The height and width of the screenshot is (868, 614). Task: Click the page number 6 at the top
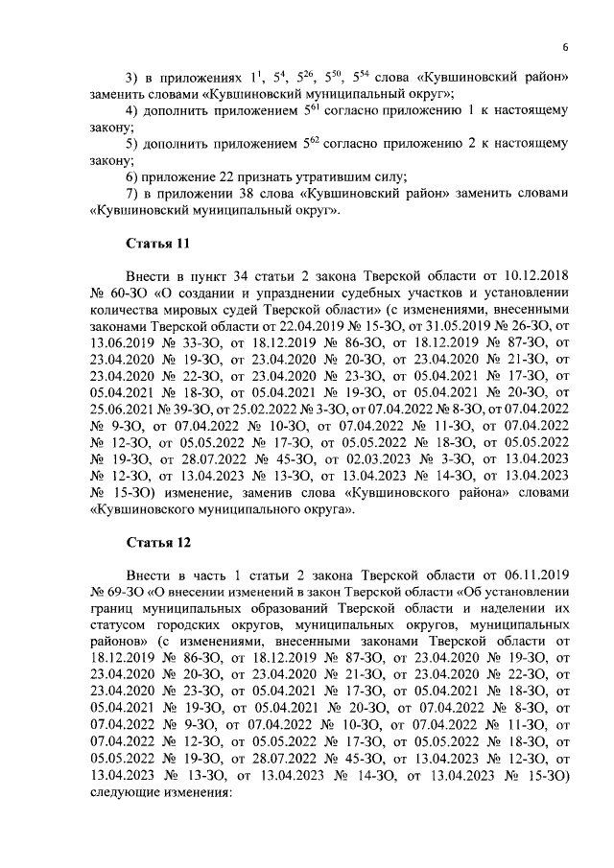point(566,48)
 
